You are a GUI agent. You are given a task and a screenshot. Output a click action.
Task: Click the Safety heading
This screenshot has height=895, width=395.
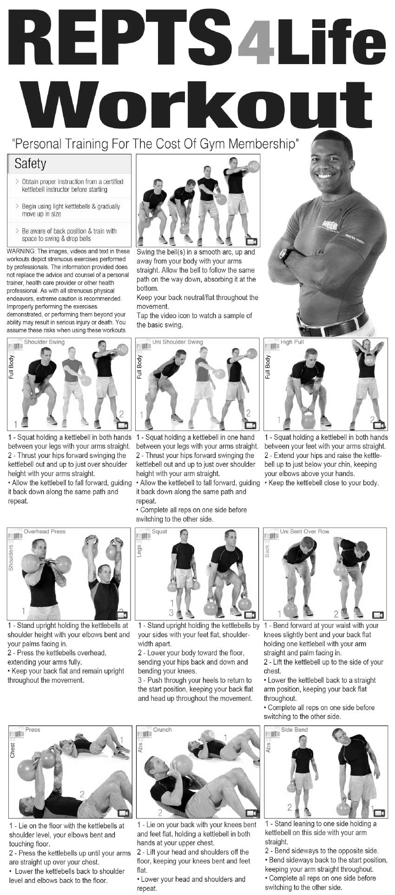pyautogui.click(x=30, y=163)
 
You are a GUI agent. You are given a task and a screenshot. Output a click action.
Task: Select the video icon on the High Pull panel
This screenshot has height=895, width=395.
pyautogui.click(x=379, y=425)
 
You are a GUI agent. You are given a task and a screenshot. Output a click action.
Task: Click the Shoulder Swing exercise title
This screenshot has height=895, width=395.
pyautogui.click(x=44, y=342)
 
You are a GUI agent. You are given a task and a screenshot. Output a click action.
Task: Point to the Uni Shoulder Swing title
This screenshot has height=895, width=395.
pyautogui.click(x=178, y=342)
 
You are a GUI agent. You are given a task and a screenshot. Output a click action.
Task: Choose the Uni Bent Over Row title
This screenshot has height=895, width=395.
pyautogui.click(x=304, y=531)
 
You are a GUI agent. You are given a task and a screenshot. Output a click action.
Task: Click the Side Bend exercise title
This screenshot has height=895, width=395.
pyautogui.click(x=294, y=730)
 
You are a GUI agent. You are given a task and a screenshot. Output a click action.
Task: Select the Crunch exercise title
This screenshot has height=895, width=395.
pyautogui.click(x=162, y=730)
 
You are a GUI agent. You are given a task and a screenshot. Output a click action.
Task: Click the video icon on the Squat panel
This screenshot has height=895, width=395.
pyautogui.click(x=250, y=614)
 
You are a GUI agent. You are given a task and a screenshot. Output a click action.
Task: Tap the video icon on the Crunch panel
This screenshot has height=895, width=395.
pyautogui.click(x=251, y=812)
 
